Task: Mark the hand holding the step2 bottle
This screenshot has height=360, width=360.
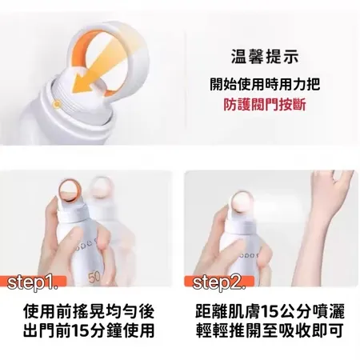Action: (x=228, y=240)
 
